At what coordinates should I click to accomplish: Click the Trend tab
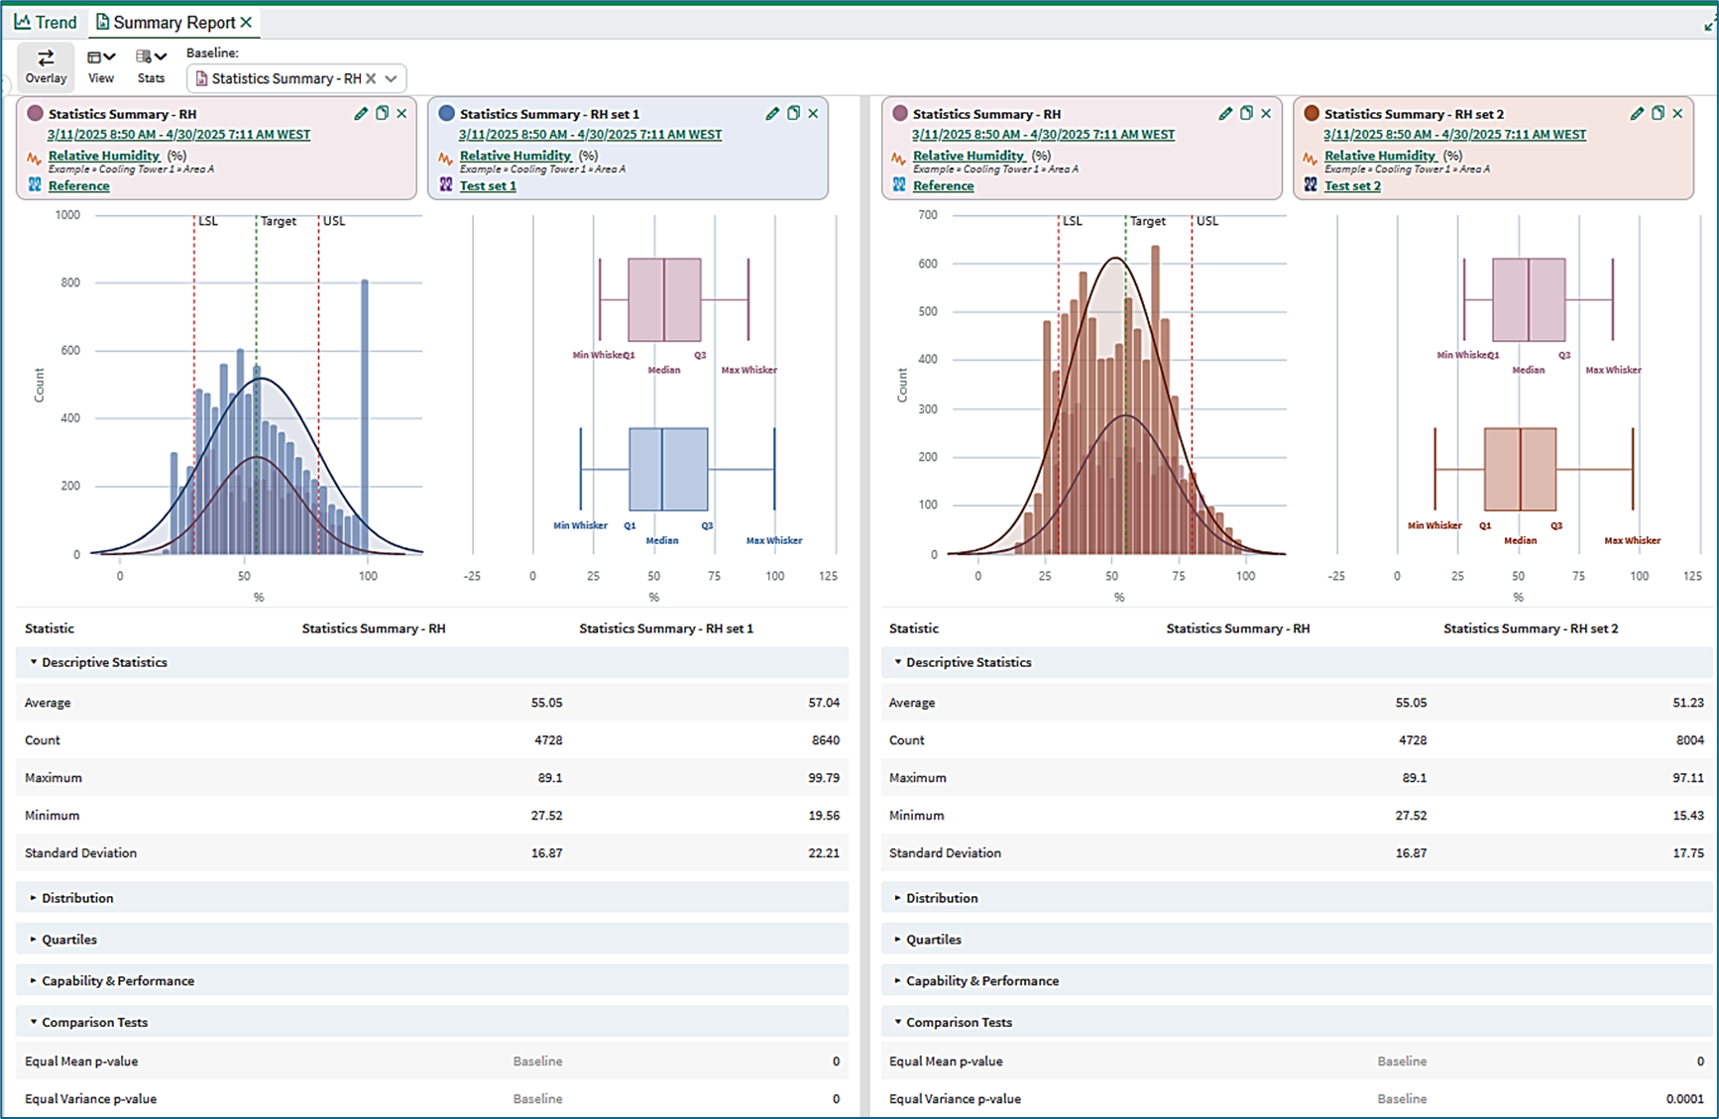[x=46, y=22]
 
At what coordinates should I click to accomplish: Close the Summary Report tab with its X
[x=247, y=22]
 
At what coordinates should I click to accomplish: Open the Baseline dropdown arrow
[x=392, y=78]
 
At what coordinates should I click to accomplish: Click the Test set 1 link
[x=488, y=185]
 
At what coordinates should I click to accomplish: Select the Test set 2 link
[x=1352, y=185]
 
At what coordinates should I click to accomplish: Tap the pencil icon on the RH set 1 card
[x=772, y=114]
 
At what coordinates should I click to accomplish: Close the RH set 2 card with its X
[x=1677, y=114]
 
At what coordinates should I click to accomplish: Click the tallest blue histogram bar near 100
[x=365, y=416]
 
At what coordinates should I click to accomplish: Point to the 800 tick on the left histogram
[x=69, y=282]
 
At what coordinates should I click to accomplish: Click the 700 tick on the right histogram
[x=928, y=215]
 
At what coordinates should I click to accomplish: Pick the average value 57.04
[x=824, y=703]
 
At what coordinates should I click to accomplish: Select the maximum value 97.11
[x=1688, y=778]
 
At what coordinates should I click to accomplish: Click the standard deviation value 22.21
[x=824, y=853]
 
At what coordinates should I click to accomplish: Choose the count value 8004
[x=1690, y=740]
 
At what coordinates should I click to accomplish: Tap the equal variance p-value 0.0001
[x=1685, y=1099]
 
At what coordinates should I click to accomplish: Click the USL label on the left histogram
[x=334, y=221]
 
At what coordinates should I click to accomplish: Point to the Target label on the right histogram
[x=1148, y=221]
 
